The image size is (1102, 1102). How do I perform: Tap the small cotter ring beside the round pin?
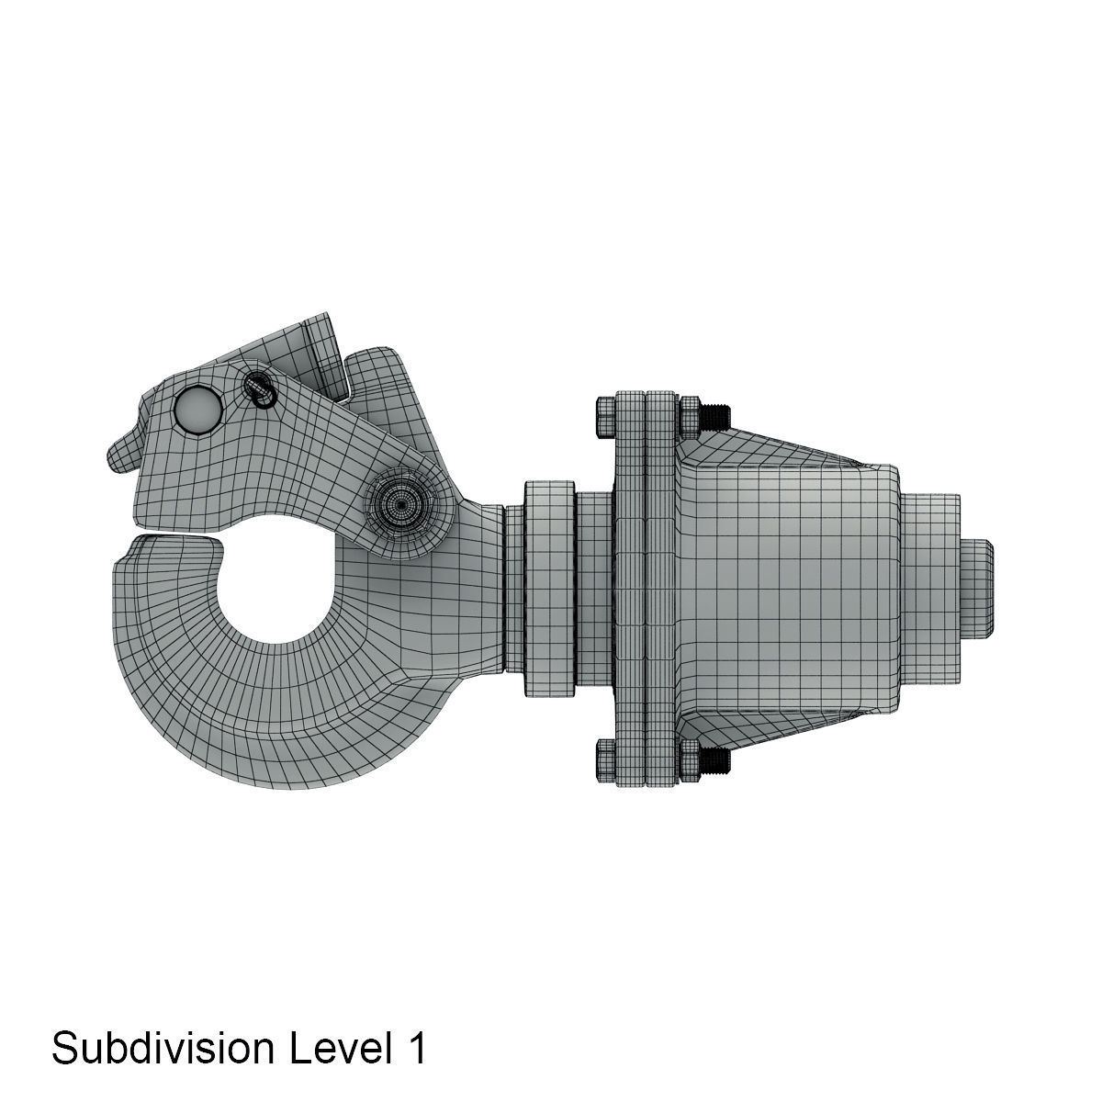(x=260, y=390)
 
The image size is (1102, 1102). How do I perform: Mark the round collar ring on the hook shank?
(x=549, y=588)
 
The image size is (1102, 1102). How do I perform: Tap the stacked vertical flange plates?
(x=646, y=588)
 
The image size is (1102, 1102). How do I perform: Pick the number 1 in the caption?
(x=415, y=1048)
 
